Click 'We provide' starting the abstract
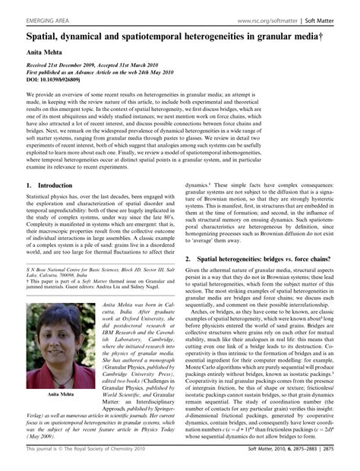coord(37,94)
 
